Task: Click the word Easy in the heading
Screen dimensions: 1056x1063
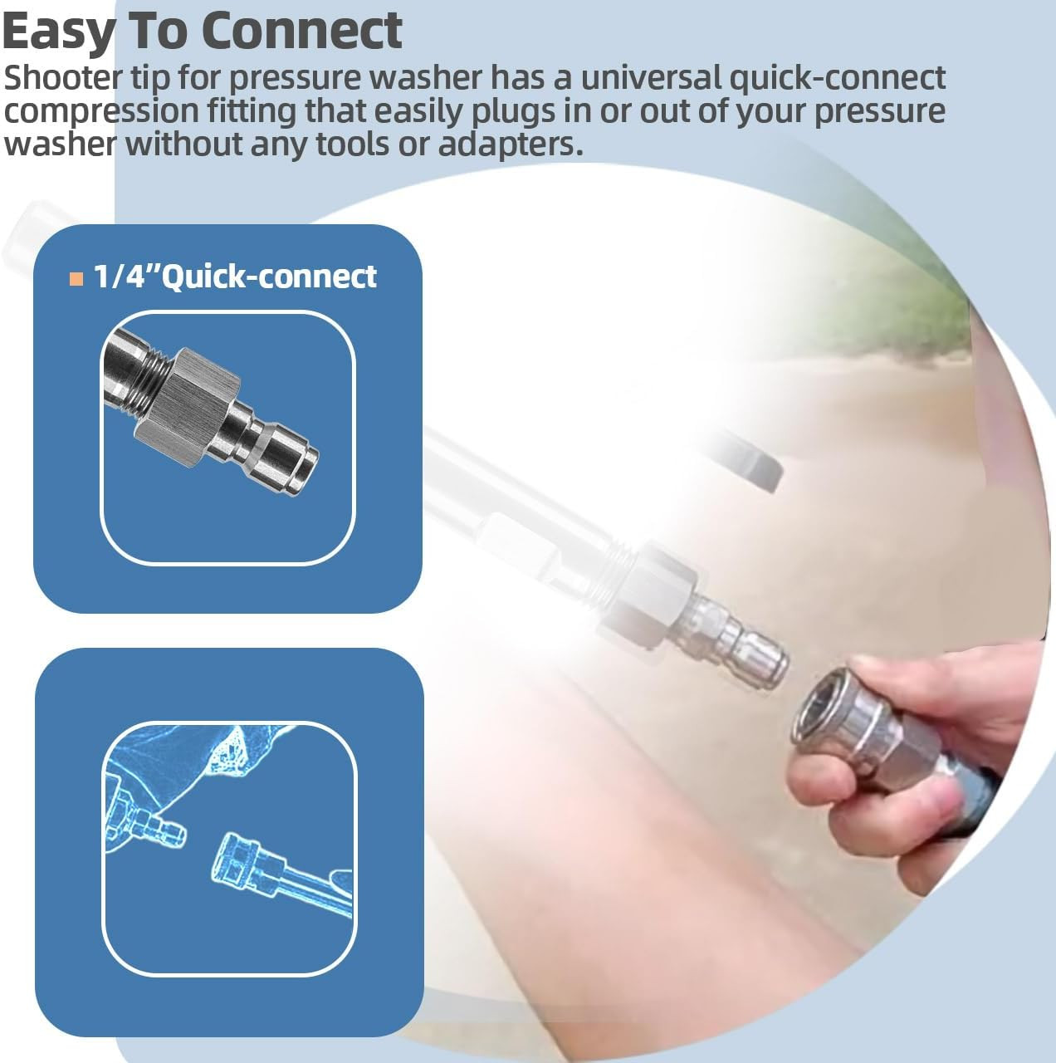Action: coord(58,31)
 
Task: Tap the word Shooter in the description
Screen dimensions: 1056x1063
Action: coord(62,77)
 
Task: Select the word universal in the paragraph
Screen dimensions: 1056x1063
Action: coord(651,77)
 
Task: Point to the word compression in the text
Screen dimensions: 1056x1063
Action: coord(101,111)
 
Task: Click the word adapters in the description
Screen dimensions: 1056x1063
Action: coord(511,144)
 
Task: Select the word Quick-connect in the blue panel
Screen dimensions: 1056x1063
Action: coord(269,276)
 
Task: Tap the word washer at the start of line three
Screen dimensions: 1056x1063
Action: coord(60,145)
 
